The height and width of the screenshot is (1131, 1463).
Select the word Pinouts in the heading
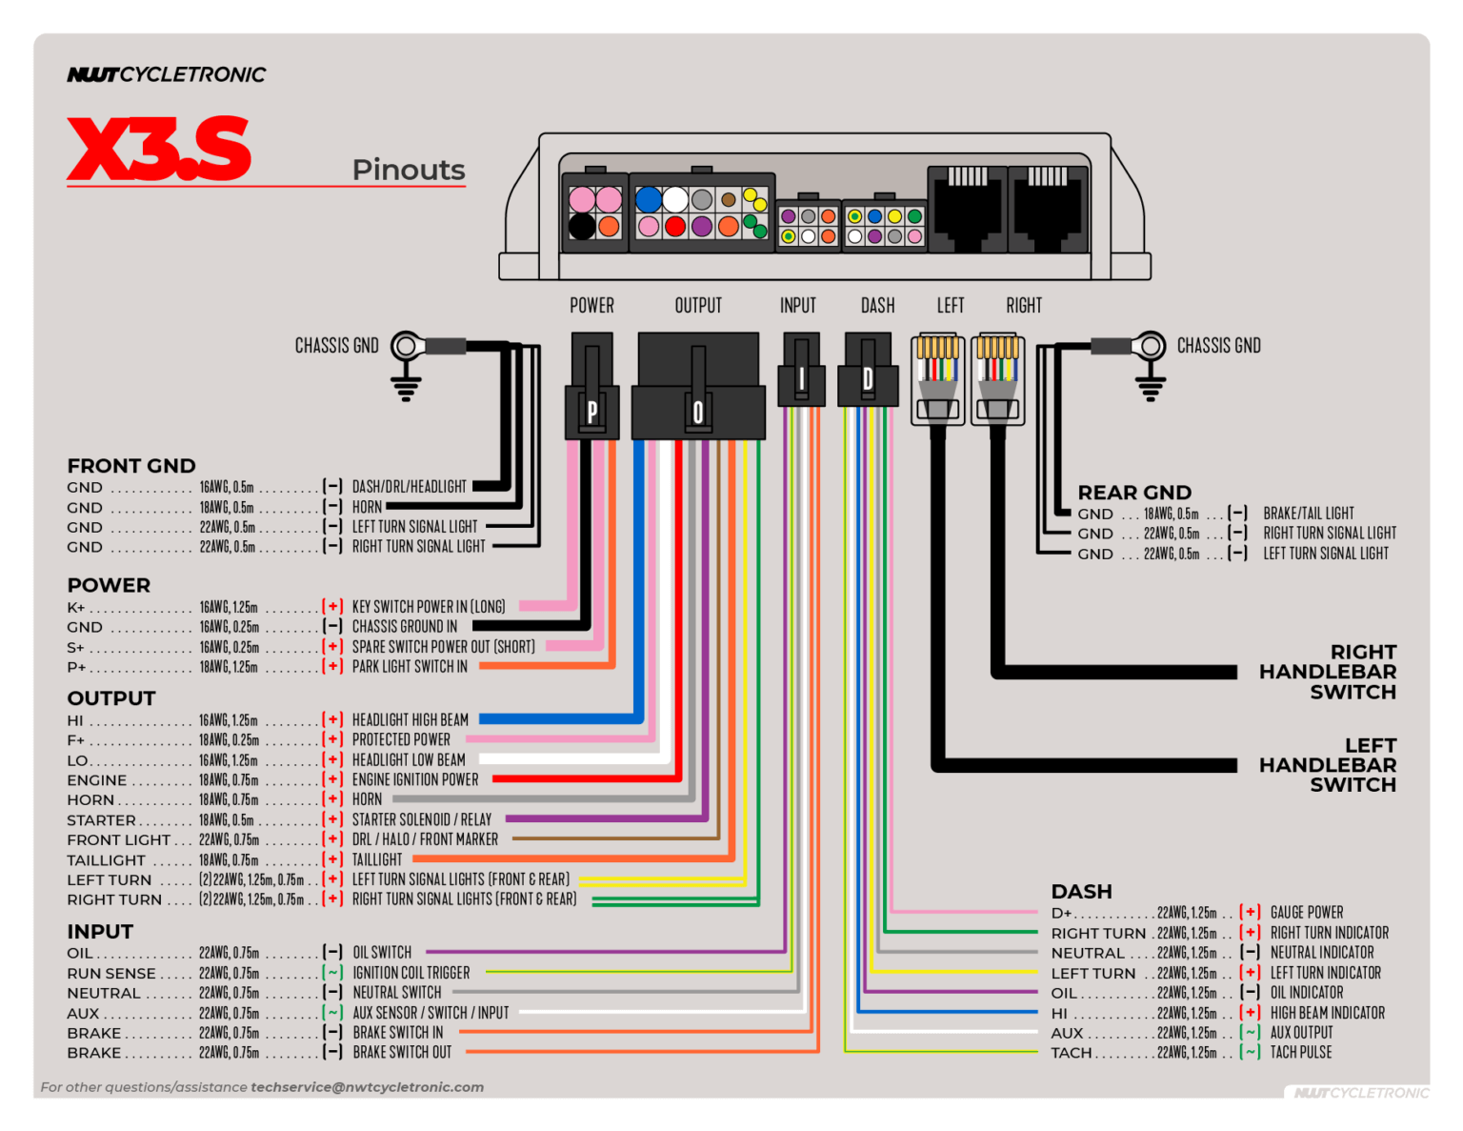click(409, 170)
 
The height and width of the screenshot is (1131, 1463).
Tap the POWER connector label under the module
click(591, 306)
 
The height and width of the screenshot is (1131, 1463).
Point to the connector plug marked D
click(868, 379)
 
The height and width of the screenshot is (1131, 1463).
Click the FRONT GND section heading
click(131, 466)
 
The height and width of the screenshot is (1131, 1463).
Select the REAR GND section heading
click(1134, 493)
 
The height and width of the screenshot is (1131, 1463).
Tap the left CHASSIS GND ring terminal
click(408, 346)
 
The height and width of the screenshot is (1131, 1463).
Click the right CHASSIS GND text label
click(1218, 346)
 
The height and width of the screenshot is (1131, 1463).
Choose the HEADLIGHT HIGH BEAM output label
click(411, 720)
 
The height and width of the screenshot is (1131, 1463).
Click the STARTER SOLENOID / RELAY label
click(422, 819)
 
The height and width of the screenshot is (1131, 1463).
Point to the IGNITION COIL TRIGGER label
click(411, 973)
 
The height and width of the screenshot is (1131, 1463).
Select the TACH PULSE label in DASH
click(1301, 1053)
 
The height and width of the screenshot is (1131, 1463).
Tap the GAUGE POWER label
click(1307, 913)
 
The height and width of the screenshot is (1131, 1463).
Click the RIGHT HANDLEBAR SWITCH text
click(1328, 672)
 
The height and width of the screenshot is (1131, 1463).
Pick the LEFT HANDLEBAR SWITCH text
click(1328, 765)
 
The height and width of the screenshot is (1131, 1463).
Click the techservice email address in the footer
click(367, 1087)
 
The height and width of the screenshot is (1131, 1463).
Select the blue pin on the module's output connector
click(649, 200)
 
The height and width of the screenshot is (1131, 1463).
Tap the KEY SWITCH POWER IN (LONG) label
click(429, 607)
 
